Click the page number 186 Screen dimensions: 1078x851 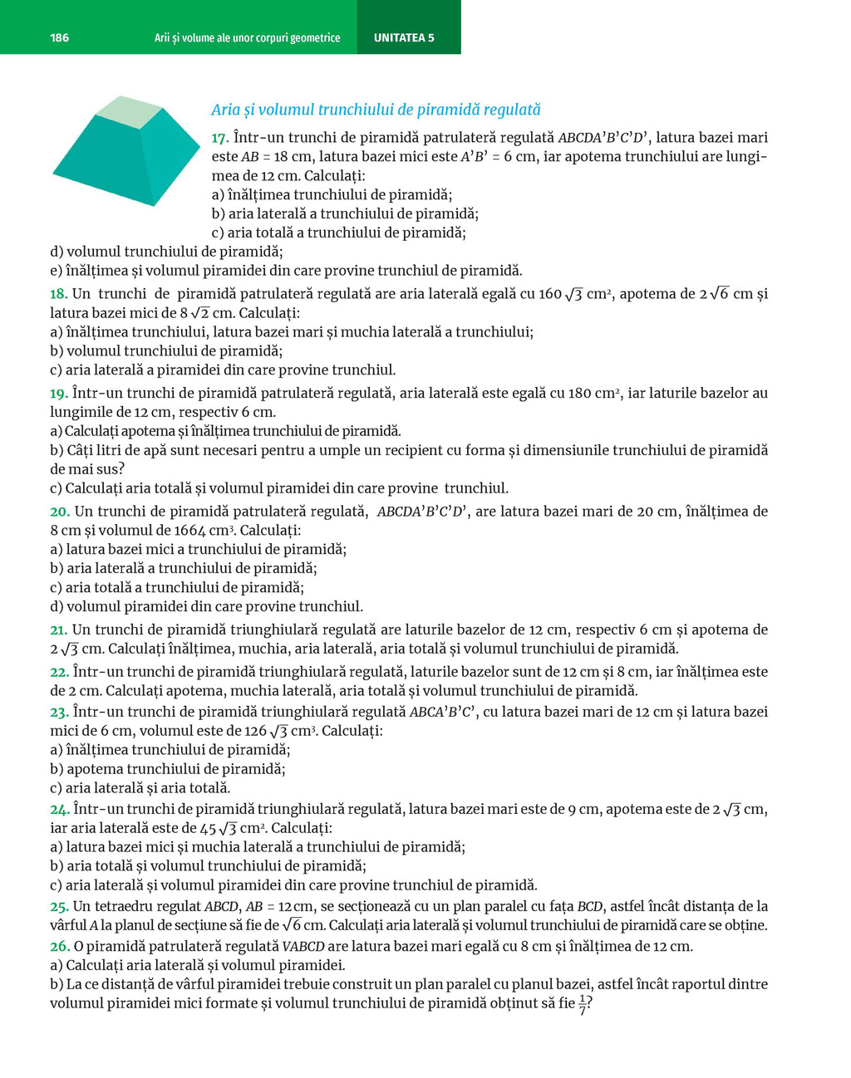click(x=59, y=37)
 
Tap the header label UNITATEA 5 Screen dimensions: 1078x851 click(x=404, y=37)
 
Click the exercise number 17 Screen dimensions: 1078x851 click(x=220, y=138)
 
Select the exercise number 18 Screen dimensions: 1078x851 click(x=58, y=294)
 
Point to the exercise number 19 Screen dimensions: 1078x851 click(x=58, y=394)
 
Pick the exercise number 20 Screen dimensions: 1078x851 click(x=58, y=512)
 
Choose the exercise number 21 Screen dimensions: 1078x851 click(x=58, y=630)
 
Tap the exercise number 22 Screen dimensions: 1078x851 click(x=58, y=672)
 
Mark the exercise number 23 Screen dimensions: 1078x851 click(x=58, y=712)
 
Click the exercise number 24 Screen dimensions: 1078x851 click(x=58, y=809)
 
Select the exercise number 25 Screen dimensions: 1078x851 click(x=58, y=906)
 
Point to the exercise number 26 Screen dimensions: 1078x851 click(x=58, y=946)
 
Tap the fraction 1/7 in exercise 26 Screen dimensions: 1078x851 click(x=583, y=1004)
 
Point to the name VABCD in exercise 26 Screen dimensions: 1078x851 click(x=303, y=947)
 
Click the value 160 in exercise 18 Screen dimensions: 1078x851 click(x=549, y=294)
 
